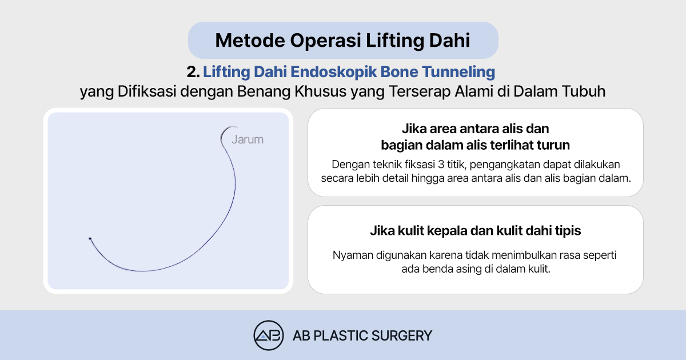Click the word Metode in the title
(250, 41)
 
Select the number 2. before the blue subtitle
(193, 72)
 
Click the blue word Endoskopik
(333, 72)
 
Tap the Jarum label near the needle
(248, 139)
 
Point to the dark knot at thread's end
(90, 238)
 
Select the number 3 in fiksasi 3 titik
(441, 165)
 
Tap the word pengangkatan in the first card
(505, 165)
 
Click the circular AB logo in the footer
(269, 335)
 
